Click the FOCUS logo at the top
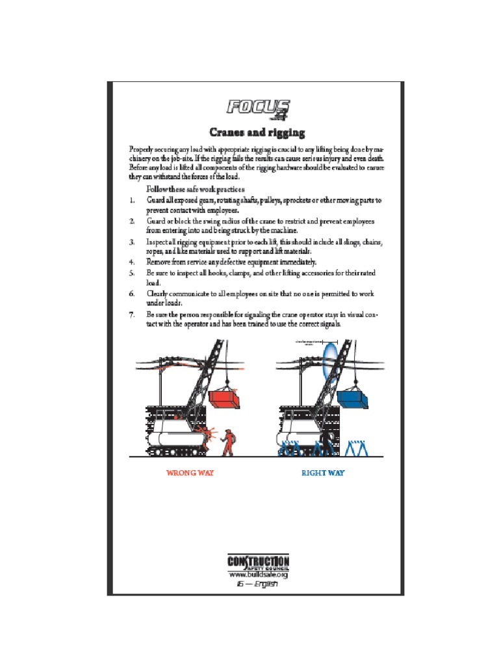(258, 109)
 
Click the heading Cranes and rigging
(257, 132)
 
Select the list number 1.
(131, 201)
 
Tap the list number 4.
(131, 262)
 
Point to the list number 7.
(131, 314)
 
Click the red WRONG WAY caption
(190, 473)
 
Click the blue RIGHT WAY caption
(323, 473)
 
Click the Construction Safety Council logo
(258, 562)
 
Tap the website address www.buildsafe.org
(258, 575)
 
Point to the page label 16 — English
(257, 584)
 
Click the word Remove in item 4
(157, 262)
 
